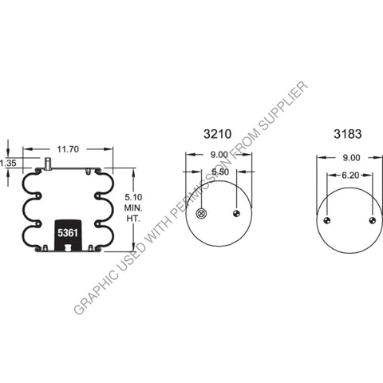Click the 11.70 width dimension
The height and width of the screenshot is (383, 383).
[68, 148]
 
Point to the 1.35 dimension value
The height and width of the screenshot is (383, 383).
[9, 163]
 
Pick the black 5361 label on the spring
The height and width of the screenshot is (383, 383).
[67, 233]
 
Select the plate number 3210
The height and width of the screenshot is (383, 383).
[218, 133]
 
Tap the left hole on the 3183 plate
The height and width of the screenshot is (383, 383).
[326, 221]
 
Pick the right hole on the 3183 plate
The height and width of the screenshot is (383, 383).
[373, 221]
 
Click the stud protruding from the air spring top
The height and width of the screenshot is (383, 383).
[47, 164]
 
